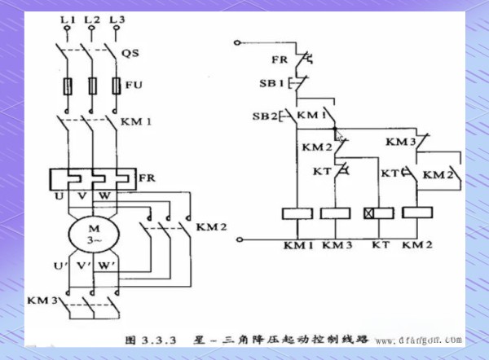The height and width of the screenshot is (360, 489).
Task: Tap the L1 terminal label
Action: point(68,18)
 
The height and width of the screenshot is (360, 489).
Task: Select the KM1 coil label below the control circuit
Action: point(297,244)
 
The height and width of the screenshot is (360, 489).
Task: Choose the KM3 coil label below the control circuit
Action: point(336,244)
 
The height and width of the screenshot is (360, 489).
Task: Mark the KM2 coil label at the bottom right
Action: point(416,244)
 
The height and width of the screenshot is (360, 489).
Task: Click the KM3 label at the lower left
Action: point(40,301)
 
